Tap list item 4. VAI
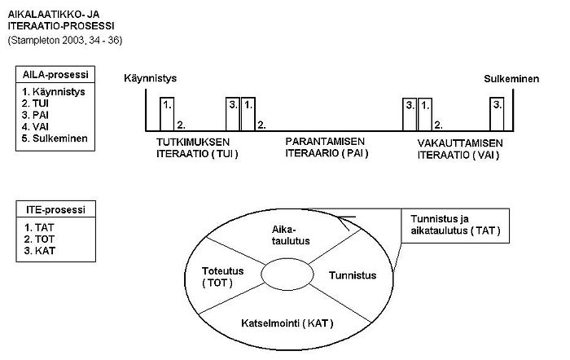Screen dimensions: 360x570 click(35, 126)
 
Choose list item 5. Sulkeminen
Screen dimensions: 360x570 click(55, 138)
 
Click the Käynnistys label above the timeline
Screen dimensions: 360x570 click(151, 78)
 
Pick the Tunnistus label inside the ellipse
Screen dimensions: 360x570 click(353, 276)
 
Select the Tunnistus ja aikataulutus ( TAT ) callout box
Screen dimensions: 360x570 click(454, 225)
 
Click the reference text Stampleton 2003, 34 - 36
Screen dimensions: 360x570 click(64, 40)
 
